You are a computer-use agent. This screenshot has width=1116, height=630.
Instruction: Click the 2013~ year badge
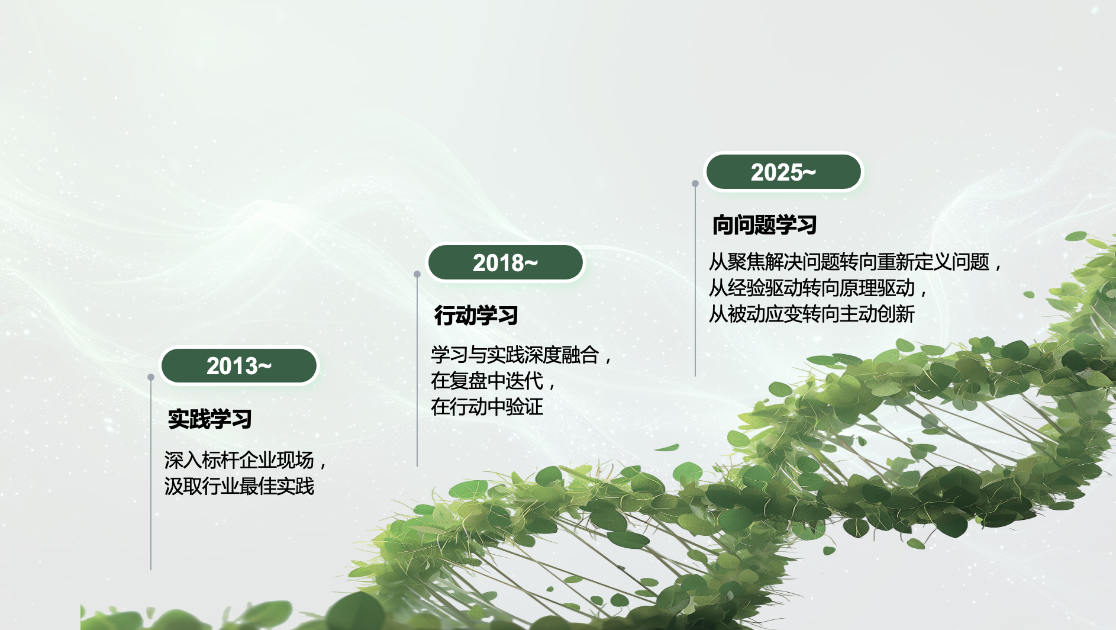pyautogui.click(x=239, y=366)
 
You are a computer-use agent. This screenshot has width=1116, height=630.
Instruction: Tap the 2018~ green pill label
pyautogui.click(x=505, y=263)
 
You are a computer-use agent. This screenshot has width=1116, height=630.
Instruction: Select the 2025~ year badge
pyautogui.click(x=783, y=172)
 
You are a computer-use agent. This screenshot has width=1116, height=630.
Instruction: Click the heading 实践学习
pyautogui.click(x=210, y=419)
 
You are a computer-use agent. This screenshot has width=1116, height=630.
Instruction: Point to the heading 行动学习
pyautogui.click(x=476, y=316)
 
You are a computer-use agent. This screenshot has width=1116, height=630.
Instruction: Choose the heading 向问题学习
pyautogui.click(x=765, y=225)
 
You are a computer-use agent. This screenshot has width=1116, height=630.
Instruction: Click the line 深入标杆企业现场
pyautogui.click(x=239, y=460)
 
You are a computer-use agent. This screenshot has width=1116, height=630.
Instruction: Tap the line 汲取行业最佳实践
pyautogui.click(x=239, y=486)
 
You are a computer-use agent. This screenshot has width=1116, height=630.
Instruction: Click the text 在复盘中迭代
pyautogui.click(x=487, y=381)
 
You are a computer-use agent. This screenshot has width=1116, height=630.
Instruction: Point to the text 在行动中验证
pyautogui.click(x=487, y=407)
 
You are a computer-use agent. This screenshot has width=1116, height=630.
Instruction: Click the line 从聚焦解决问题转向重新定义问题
pyautogui.click(x=849, y=262)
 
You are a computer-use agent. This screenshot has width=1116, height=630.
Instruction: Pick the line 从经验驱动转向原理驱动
pyautogui.click(x=812, y=288)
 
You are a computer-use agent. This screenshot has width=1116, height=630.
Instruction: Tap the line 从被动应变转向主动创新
pyautogui.click(x=812, y=314)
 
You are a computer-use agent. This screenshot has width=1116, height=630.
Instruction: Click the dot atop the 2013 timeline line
pyautogui.click(x=151, y=377)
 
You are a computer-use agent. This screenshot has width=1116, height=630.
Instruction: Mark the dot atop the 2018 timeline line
pyautogui.click(x=417, y=274)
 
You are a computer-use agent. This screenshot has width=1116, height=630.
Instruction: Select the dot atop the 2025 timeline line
pyautogui.click(x=695, y=184)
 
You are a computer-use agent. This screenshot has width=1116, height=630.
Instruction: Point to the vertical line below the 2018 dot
pyautogui.click(x=417, y=372)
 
